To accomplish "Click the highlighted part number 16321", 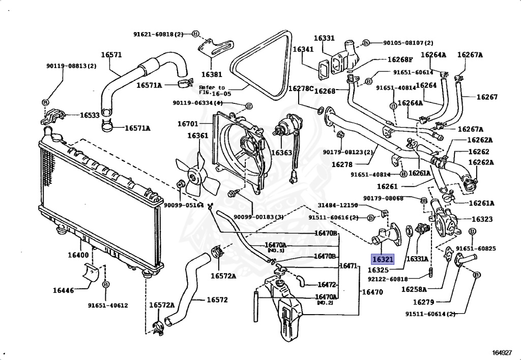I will pos(382,259).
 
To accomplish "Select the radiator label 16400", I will pos(78,255).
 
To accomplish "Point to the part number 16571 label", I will pos(111,55).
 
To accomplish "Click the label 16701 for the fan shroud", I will pos(188,123).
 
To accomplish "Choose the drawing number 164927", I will pos(502,352).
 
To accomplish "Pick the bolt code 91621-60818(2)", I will pos(158,34).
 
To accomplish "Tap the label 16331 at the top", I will pos(324,38).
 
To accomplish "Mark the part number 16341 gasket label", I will pos(303,49).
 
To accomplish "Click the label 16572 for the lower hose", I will pos(217,299).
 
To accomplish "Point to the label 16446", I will pos(63,291).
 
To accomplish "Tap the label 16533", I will pos(90,115).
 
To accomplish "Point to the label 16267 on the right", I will pos(487,97).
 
